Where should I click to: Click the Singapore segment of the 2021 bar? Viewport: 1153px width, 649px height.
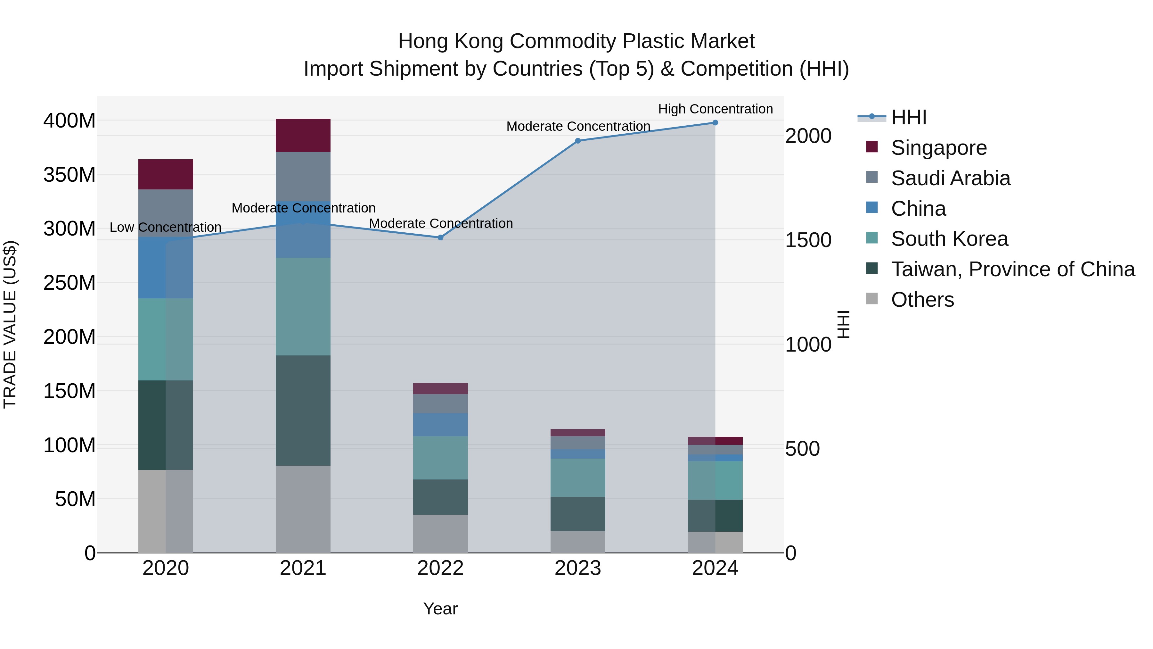coord(303,135)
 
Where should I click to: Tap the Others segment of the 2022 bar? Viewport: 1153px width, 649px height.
coord(440,533)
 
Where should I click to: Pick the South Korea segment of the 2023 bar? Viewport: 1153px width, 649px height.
coord(577,478)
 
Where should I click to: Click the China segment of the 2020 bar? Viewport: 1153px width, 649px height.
coord(166,267)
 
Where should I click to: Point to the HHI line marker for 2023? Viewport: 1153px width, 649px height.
coord(577,141)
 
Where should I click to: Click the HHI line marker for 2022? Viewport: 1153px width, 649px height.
coord(440,237)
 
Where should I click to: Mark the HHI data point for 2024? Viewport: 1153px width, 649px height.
coord(715,123)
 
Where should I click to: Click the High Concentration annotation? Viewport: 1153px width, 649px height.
coord(715,109)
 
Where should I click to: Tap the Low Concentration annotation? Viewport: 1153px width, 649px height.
coord(166,227)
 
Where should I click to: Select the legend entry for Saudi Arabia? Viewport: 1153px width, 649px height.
coord(950,178)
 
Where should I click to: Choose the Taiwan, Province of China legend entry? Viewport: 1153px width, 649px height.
coord(1012,269)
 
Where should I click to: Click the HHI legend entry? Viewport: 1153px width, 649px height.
coord(908,117)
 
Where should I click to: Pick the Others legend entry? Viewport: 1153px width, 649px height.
coord(922,300)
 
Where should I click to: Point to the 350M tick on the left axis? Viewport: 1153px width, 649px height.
coord(70,175)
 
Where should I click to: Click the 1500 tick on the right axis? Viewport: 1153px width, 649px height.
coord(808,240)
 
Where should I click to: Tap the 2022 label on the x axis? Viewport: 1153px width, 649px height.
coord(440,568)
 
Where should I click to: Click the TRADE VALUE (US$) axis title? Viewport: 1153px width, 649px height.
coord(10,324)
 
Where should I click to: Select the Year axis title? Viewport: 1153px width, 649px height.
coord(440,609)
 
